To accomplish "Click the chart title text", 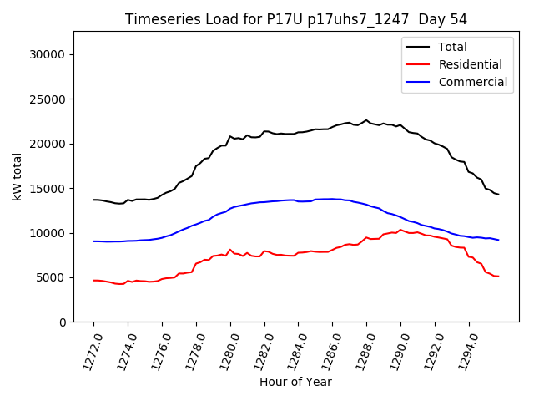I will click(x=295, y=19).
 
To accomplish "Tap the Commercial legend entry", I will click(x=472, y=82).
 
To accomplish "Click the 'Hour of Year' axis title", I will click(x=295, y=383).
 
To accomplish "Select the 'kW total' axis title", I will click(x=17, y=177).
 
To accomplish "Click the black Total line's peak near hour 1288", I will click(x=365, y=120).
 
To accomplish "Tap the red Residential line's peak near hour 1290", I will click(x=400, y=230).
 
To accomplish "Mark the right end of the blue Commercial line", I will click(x=498, y=240).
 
